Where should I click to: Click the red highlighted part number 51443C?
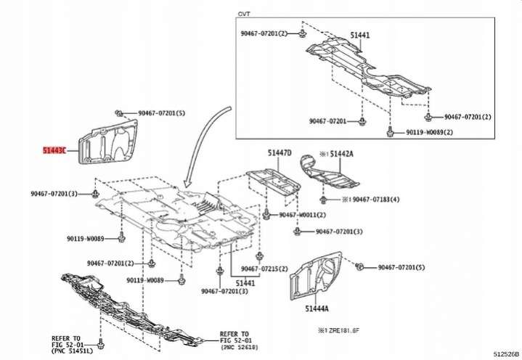tap(54, 151)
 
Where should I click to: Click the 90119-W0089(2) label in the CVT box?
tap(429, 133)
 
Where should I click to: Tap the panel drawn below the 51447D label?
tap(272, 182)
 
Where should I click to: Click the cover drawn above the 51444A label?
tap(319, 276)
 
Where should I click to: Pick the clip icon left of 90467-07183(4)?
tap(324, 197)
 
